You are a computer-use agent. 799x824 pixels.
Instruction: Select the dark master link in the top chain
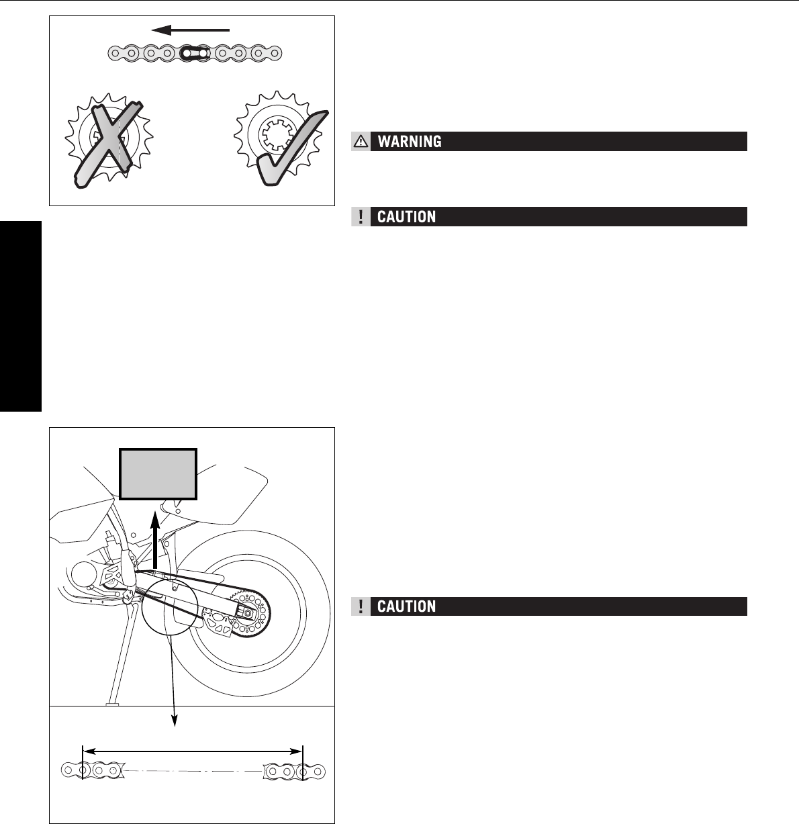pos(193,52)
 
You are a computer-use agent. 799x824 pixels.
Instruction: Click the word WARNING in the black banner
pos(410,141)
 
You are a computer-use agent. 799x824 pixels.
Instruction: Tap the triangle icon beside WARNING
pos(361,141)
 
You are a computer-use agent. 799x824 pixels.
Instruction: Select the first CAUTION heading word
pos(407,216)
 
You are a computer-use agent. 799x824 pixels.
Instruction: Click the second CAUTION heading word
pos(407,606)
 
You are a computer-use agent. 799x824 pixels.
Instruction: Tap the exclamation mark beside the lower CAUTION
pos(361,606)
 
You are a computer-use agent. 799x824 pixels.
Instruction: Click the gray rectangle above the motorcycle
pos(158,475)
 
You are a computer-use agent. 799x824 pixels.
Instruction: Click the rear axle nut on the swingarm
pos(249,612)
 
